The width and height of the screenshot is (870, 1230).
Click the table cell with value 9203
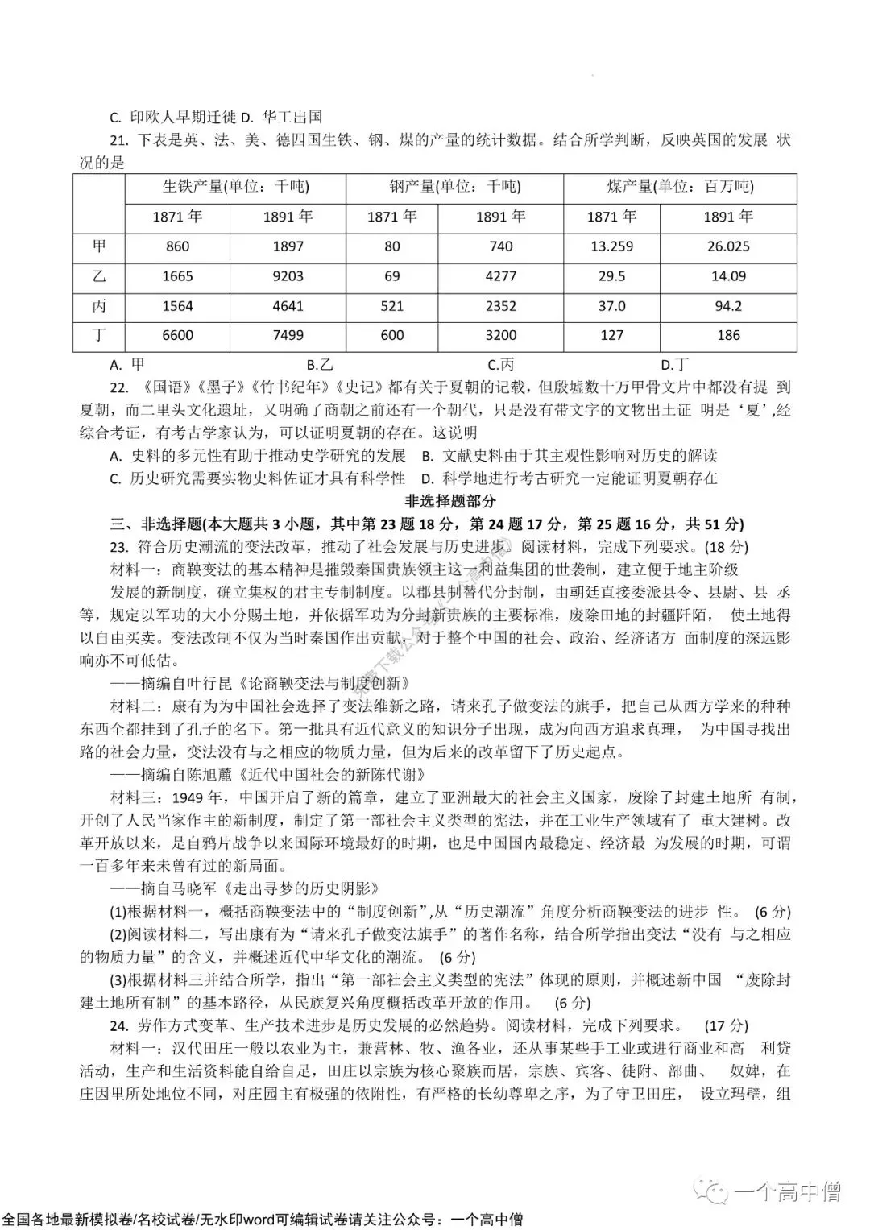point(288,276)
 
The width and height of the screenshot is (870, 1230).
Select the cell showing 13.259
point(611,246)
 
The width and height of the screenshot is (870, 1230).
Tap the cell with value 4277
point(500,276)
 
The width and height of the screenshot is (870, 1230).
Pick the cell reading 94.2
point(727,306)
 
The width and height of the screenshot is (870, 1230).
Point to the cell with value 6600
point(177,336)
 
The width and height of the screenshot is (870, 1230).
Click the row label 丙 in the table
point(99,306)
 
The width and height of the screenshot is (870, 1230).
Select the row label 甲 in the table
point(99,246)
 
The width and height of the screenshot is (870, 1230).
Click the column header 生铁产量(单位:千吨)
point(235,187)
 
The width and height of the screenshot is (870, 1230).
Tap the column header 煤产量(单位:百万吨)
point(679,187)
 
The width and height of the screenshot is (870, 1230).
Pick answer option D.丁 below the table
point(674,365)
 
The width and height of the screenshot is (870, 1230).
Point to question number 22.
point(119,388)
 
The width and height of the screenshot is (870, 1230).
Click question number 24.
point(119,1026)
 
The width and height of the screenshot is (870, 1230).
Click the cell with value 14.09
point(727,276)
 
